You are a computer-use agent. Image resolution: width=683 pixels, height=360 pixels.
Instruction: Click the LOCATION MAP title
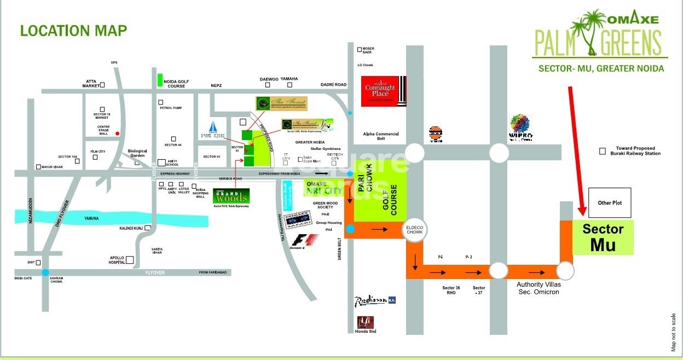pyautogui.click(x=73, y=31)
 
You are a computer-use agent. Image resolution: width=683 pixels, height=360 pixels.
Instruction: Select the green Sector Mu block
pyautogui.click(x=603, y=237)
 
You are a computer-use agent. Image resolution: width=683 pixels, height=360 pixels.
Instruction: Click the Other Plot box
pyautogui.click(x=609, y=203)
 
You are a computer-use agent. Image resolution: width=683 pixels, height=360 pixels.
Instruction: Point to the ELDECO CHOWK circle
pyautogui.click(x=414, y=231)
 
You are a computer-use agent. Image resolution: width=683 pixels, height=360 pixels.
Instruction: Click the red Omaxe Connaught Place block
pyautogui.click(x=384, y=91)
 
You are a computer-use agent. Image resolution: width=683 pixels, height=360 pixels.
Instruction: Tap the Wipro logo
pyautogui.click(x=520, y=128)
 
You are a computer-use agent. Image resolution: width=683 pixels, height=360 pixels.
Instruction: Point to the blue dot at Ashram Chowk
pyautogui.click(x=45, y=272)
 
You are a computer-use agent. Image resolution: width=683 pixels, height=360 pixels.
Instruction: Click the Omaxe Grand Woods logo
pyautogui.click(x=231, y=197)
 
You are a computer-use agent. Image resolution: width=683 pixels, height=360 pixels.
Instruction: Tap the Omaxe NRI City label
pyautogui.click(x=324, y=188)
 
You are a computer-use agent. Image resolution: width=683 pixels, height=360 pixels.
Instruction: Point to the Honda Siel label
pyautogui.click(x=366, y=331)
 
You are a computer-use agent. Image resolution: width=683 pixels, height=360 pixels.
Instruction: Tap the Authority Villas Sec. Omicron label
pyautogui.click(x=539, y=288)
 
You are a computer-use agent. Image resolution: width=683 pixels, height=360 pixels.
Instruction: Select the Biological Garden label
pyautogui.click(x=138, y=153)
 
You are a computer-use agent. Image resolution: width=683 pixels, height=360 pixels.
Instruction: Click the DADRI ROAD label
pyautogui.click(x=334, y=85)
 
